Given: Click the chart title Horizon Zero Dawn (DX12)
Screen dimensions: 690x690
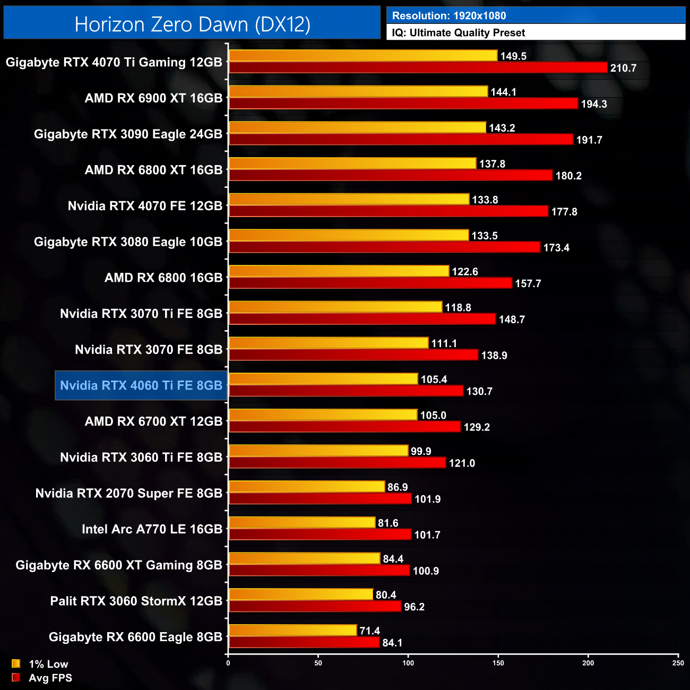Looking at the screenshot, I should point(192,24).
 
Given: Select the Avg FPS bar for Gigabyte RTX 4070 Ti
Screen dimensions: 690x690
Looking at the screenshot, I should point(418,67).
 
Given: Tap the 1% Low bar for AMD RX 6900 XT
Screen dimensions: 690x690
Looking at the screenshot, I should point(358,91).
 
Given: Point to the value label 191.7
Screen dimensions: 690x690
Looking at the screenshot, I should point(589,140).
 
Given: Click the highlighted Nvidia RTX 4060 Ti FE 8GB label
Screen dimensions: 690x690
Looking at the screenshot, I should point(141,385).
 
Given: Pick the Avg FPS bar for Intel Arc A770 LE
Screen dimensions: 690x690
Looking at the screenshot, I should point(320,534).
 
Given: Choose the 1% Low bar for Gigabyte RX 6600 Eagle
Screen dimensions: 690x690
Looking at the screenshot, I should point(292,630).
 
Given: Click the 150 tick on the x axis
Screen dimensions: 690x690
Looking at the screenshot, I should point(498,662).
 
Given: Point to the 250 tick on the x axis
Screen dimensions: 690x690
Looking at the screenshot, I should point(678,662).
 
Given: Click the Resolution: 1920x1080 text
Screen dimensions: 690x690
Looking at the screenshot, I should point(449,16).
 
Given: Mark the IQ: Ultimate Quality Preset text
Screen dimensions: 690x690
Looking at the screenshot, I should point(459,33).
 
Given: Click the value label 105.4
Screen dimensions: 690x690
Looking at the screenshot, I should point(434,379).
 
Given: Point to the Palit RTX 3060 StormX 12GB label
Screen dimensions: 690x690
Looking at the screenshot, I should point(136,601).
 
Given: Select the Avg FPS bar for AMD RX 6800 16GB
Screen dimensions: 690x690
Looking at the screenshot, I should point(370,283).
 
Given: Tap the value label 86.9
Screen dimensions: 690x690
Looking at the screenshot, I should point(398,487).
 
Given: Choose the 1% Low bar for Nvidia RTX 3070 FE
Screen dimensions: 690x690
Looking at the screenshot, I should point(328,343).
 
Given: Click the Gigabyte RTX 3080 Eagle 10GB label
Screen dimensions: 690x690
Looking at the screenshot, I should point(128,242).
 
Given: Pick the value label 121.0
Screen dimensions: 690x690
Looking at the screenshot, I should point(462,463).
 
